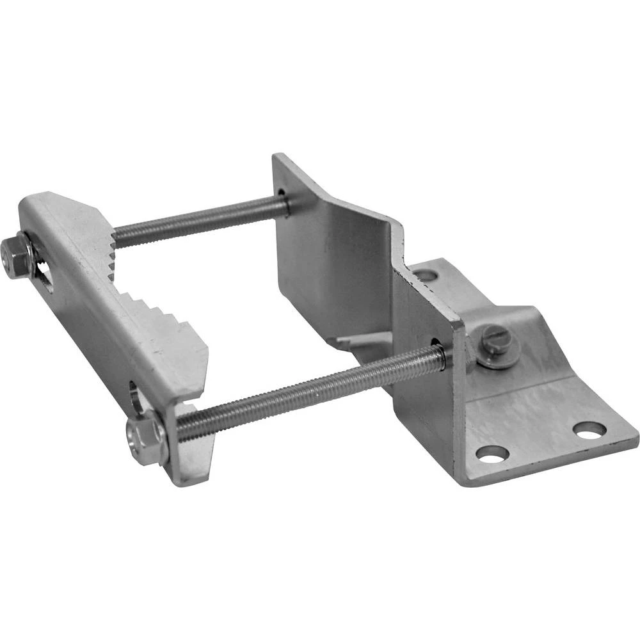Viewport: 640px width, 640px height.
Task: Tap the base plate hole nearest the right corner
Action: (x=589, y=429)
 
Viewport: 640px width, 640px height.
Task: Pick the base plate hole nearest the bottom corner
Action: (x=492, y=454)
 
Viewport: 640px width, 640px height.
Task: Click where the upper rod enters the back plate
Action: (x=284, y=204)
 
